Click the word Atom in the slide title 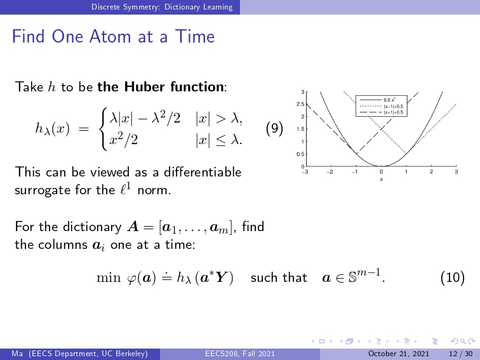click(111, 36)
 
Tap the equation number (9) click(274, 128)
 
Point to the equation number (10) click(453, 277)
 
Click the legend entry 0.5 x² click(389, 100)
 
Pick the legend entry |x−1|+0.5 click(394, 106)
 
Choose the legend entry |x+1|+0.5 click(394, 112)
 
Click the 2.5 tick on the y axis click(300, 104)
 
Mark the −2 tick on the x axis click(330, 172)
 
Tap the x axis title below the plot click(381, 180)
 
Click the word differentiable click(203, 172)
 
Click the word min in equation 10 click(104, 277)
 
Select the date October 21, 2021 click(399, 354)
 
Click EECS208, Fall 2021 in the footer click(240, 354)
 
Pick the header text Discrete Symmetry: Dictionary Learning click(162, 7)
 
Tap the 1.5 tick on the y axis click(300, 129)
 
